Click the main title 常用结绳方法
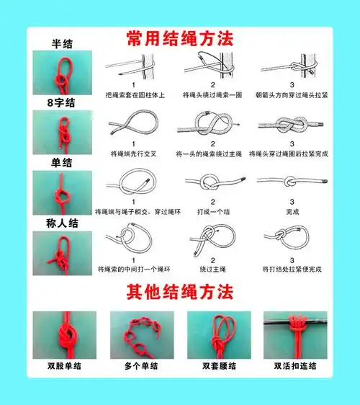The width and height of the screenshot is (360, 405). pos(180,37)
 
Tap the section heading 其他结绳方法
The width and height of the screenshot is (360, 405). pos(180,293)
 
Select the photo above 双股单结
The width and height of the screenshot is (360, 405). pos(64,334)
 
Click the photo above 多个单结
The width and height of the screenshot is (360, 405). pos(141,334)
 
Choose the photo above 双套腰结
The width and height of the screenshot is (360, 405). pos(218,334)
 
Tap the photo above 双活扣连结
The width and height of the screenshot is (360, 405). pos(295,334)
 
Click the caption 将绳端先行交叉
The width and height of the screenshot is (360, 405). pos(134,153)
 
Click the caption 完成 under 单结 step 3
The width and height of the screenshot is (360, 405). pos(292,212)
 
